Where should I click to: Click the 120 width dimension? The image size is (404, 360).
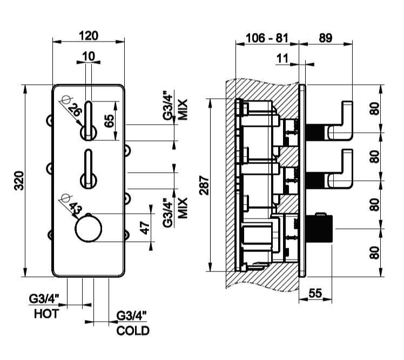tap(89, 36)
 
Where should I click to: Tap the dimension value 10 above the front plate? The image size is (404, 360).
tap(89, 56)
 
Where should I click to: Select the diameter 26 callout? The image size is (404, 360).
tap(75, 111)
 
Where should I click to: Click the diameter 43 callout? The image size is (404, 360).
tap(75, 207)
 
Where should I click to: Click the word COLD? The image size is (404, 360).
tap(133, 331)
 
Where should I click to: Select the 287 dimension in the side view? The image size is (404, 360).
tap(204, 186)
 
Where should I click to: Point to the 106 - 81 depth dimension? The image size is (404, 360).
tap(266, 38)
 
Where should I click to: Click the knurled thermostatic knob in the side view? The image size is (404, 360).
tap(321, 229)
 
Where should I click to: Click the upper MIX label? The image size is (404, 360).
tap(183, 109)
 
